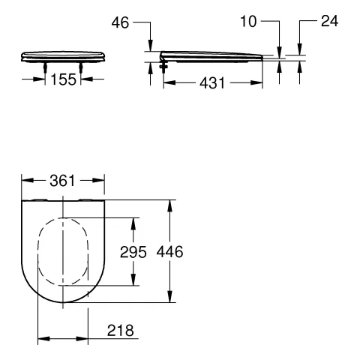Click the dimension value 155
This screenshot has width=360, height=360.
point(64,79)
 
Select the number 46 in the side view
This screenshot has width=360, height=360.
point(120,22)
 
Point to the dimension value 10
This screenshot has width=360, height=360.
point(248,22)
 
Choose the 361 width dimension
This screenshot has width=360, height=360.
point(63,181)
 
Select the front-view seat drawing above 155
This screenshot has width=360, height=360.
point(64,55)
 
